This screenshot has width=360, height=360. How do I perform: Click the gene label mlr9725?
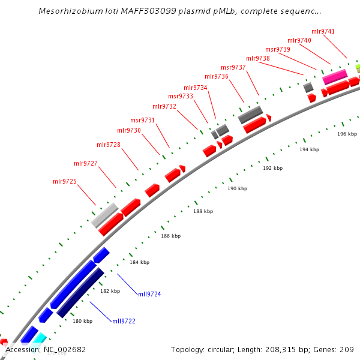[x=65, y=181]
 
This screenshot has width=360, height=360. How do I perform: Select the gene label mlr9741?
[x=323, y=31]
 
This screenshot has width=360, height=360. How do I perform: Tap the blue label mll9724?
[x=149, y=294]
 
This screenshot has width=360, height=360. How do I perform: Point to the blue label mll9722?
[x=124, y=321]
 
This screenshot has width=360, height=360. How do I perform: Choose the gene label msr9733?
[x=181, y=96]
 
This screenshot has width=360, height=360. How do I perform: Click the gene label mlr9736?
[x=217, y=76]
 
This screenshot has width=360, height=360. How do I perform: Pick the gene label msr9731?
[x=142, y=120]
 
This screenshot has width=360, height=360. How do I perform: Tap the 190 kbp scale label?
[x=237, y=188]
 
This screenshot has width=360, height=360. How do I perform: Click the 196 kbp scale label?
[x=347, y=134]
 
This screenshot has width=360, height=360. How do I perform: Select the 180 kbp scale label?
[x=82, y=321]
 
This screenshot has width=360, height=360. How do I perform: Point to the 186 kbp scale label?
[x=170, y=236]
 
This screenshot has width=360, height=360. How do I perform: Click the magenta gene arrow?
[x=334, y=77]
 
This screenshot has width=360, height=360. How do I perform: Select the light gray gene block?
[x=104, y=215]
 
